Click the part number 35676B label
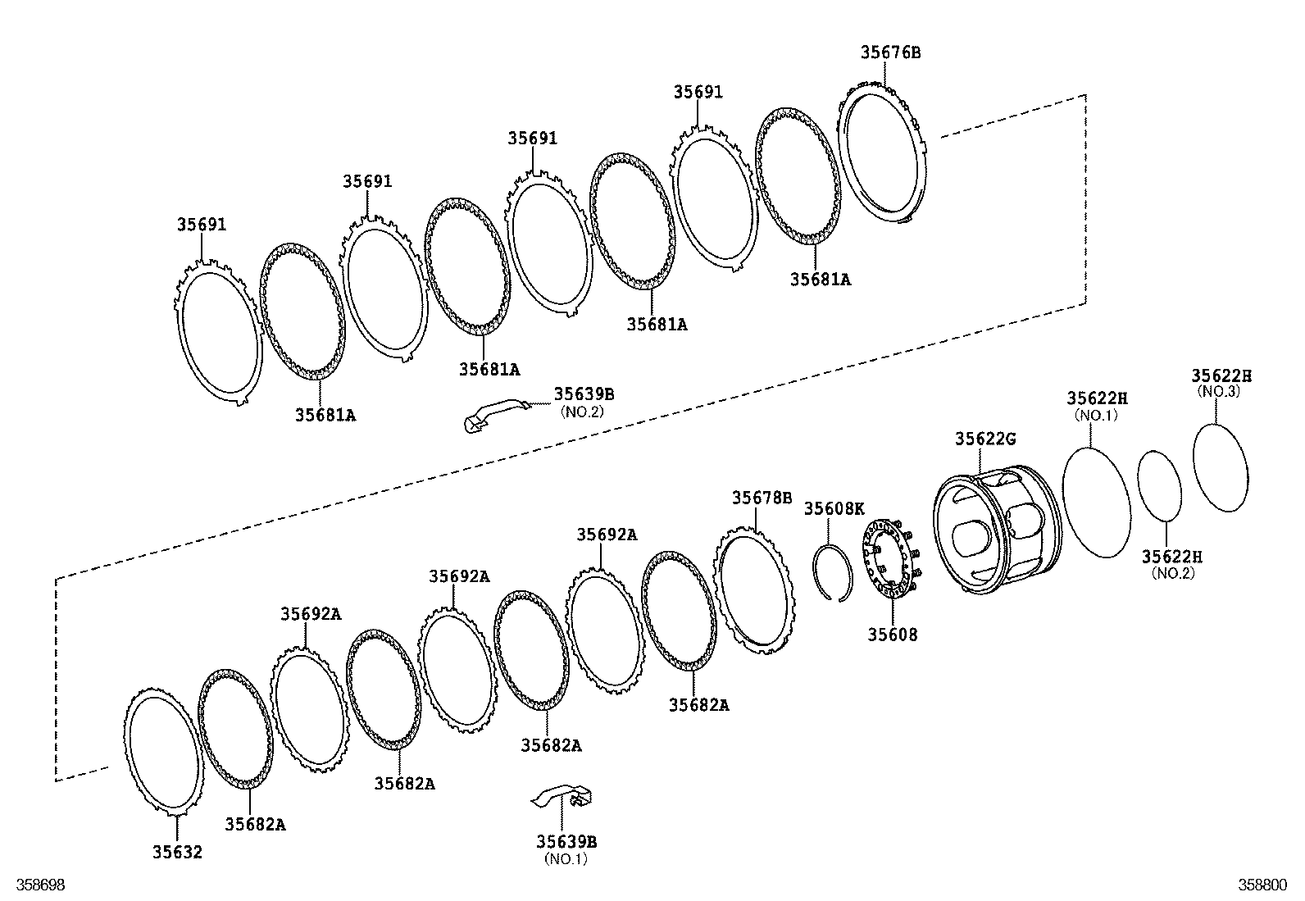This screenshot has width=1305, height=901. click(x=890, y=52)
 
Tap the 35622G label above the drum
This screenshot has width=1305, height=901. click(x=984, y=439)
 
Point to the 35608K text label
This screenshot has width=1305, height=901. click(x=834, y=508)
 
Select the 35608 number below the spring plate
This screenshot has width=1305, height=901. click(x=893, y=635)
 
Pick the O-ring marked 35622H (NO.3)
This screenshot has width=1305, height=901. click(x=1221, y=467)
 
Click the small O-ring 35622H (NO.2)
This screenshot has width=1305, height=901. click(x=1161, y=485)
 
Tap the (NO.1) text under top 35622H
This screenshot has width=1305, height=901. click(x=1096, y=416)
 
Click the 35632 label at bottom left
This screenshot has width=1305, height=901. click(x=177, y=853)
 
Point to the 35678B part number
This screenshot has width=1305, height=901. click(x=762, y=498)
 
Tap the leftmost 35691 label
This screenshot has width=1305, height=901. click(x=202, y=225)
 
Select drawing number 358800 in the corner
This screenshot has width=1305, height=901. click(x=1262, y=885)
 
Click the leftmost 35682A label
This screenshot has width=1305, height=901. click(x=256, y=825)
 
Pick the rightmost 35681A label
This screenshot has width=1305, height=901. click(x=821, y=280)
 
